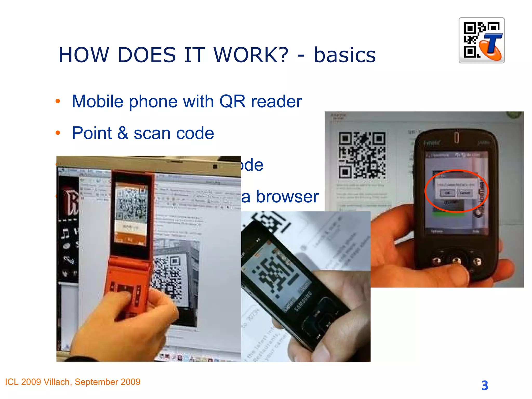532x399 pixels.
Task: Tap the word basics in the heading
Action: [x=344, y=55]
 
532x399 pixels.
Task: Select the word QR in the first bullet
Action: [x=232, y=101]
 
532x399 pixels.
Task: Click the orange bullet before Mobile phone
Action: [x=58, y=101]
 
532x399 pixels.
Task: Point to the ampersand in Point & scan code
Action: [x=122, y=133]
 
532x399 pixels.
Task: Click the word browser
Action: [x=287, y=196]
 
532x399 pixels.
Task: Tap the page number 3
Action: [x=484, y=385]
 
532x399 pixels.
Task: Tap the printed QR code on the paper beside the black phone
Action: [x=362, y=155]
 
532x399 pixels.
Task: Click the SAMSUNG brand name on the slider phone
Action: [x=303, y=301]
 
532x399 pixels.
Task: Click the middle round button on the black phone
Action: [x=456, y=261]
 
